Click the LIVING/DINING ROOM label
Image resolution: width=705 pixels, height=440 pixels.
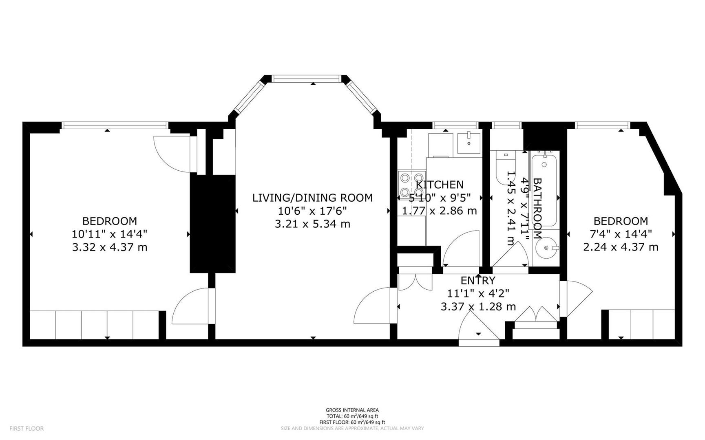(312, 198)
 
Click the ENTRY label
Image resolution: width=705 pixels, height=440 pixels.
(477, 280)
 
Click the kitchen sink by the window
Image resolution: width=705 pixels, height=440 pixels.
(469, 143)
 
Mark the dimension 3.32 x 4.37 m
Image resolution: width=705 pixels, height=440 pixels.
(109, 247)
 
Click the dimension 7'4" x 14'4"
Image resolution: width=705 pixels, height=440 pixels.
(621, 234)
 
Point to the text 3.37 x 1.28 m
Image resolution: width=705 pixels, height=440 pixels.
(478, 306)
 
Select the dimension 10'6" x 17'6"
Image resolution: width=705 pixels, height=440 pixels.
(312, 211)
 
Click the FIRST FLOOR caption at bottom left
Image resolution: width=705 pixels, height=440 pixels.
(26, 429)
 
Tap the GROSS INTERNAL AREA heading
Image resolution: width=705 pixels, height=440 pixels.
(352, 410)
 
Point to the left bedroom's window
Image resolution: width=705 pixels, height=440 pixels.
(115, 125)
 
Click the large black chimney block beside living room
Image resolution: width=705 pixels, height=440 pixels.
(213, 224)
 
